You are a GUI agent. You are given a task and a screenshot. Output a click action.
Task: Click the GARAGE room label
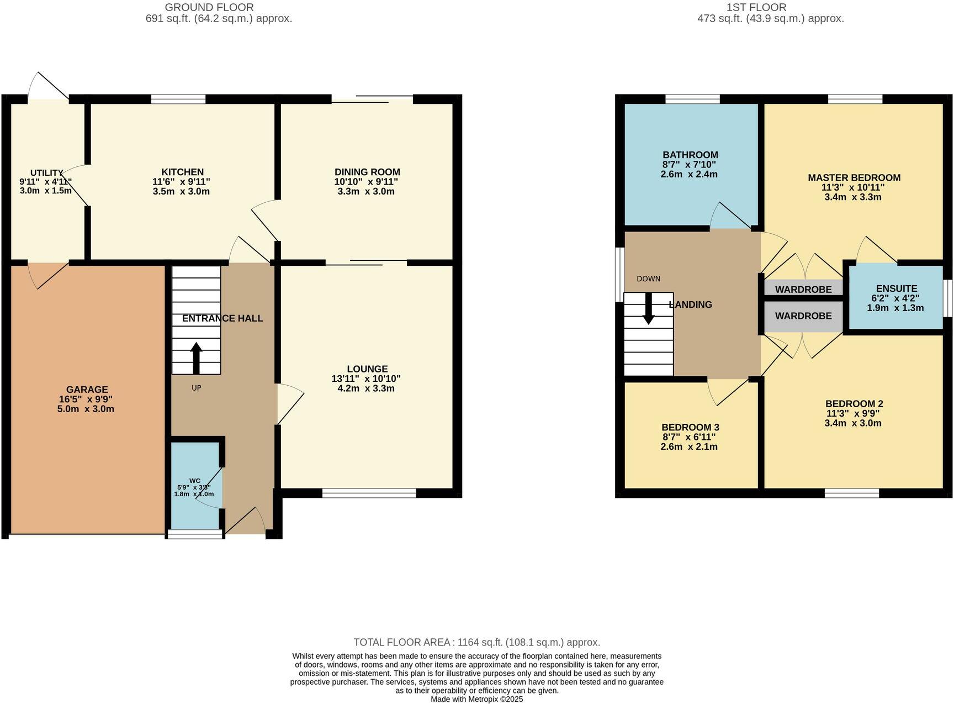tap(87, 390)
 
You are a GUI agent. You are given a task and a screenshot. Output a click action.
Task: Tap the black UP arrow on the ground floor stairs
tap(196, 358)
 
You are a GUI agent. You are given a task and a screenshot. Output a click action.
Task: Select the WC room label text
tap(195, 481)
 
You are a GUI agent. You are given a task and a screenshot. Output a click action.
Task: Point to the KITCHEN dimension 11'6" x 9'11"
tap(181, 182)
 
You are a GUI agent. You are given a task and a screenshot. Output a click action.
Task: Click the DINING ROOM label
tap(367, 172)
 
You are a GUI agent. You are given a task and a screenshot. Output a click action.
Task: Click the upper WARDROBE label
tap(803, 290)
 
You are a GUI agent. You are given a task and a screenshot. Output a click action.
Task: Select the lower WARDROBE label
tap(803, 316)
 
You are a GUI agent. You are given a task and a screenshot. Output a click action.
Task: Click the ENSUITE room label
tap(896, 288)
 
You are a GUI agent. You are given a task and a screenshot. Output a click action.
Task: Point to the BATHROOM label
tap(690, 155)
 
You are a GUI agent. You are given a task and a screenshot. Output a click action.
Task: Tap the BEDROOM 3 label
tap(690, 427)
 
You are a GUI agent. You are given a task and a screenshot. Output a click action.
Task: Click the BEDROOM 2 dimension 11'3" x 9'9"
tap(852, 413)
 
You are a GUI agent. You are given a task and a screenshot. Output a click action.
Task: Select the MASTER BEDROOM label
tap(854, 177)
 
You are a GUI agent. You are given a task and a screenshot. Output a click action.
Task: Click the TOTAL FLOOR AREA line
tap(476, 642)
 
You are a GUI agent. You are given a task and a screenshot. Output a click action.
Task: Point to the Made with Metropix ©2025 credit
tap(476, 699)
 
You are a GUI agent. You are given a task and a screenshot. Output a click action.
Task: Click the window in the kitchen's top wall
tap(178, 99)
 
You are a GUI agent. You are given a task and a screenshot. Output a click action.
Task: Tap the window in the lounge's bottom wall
tap(369, 493)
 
